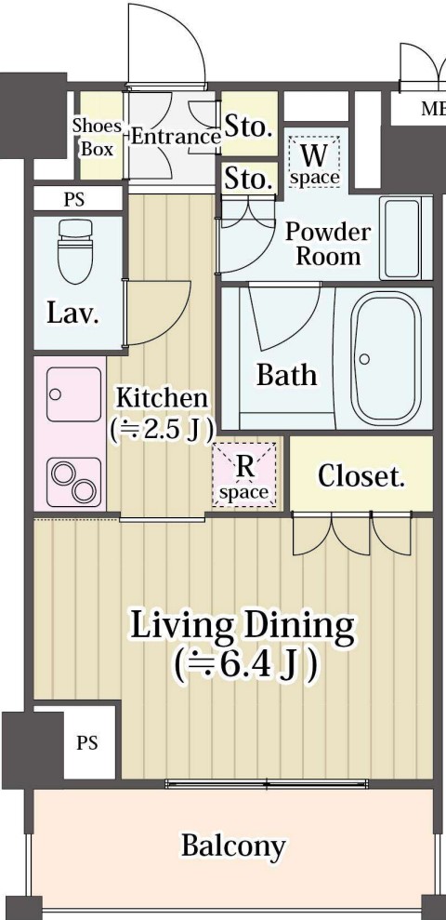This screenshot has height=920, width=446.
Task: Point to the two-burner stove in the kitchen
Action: click(73, 482)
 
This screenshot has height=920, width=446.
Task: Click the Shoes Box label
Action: click(98, 138)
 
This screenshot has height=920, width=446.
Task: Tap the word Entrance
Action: click(176, 138)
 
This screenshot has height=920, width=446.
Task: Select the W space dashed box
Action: click(314, 162)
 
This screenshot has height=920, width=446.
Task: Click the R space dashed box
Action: click(244, 474)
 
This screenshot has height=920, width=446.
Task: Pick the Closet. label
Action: click(361, 476)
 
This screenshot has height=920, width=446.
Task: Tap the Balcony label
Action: click(233, 847)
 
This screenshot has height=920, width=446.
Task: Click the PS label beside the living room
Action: click(87, 743)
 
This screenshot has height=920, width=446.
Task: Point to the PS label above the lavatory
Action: click(74, 199)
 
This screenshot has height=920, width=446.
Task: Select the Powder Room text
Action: click(328, 245)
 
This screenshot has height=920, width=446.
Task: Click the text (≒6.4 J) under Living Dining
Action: click(246, 665)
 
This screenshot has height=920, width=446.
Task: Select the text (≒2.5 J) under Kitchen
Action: click(161, 430)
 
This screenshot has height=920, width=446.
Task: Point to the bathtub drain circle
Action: click(364, 359)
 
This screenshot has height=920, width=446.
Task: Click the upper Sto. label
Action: click(248, 127)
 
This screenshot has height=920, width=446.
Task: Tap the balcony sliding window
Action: click(267, 784)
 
